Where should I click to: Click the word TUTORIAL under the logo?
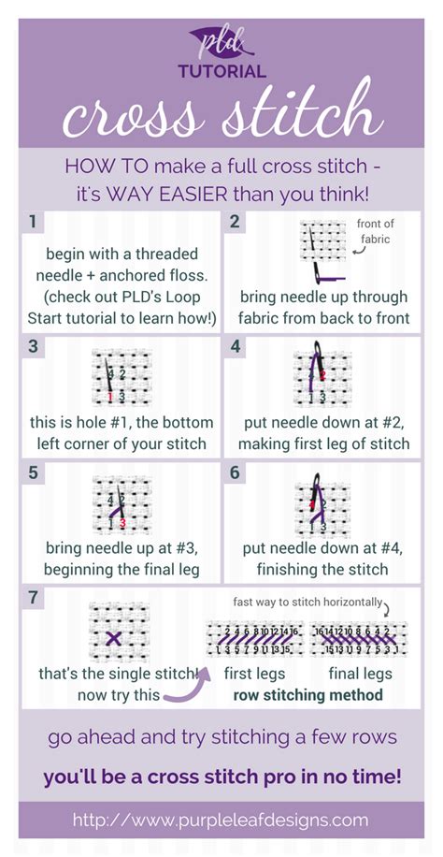(221, 71)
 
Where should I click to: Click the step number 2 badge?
(236, 222)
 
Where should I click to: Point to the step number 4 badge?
(236, 347)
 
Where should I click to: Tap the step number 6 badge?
(236, 472)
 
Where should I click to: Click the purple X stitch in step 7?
(114, 638)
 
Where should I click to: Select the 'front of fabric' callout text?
(377, 230)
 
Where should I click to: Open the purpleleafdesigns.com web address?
(221, 821)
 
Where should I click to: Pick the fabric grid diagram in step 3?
(115, 378)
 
